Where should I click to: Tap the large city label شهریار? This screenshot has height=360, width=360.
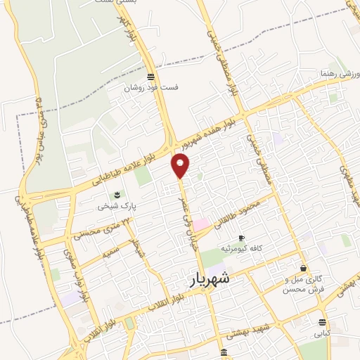click(x=219, y=280)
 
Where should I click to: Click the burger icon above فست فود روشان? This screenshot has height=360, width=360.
click(x=150, y=77)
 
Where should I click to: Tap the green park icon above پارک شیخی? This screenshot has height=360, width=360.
click(x=117, y=195)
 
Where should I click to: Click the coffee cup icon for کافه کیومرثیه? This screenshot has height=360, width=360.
click(x=242, y=238)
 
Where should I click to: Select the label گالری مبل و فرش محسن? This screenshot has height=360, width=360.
click(x=302, y=284)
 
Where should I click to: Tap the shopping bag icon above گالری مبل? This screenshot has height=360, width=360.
click(x=303, y=268)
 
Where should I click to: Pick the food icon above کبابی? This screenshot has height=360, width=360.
click(x=322, y=322)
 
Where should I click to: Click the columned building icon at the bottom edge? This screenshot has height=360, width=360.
click(x=224, y=352)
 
